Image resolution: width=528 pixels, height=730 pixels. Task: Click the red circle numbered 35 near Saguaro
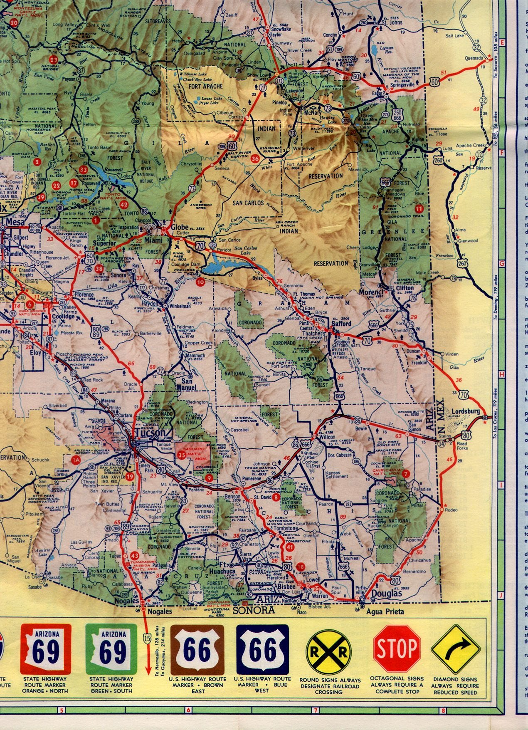pos(181,455)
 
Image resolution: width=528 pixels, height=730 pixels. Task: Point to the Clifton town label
pos(405,287)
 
